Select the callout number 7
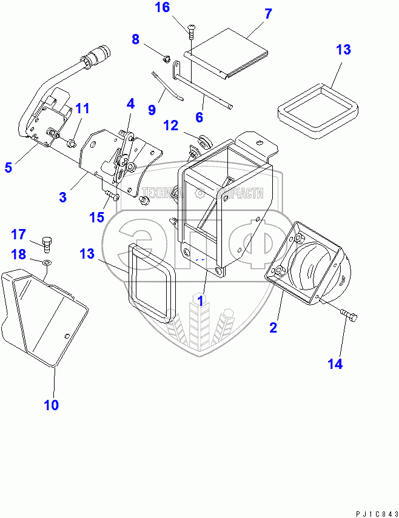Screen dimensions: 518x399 tap(269, 14)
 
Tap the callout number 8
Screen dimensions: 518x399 tap(136, 40)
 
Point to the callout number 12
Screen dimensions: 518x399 tap(170, 125)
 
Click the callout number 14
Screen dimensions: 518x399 tap(335, 364)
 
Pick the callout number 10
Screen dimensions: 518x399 tap(51, 405)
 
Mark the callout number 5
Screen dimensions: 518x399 tap(8, 167)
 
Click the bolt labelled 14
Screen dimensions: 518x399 tap(349, 315)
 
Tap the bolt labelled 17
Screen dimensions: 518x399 tap(47, 244)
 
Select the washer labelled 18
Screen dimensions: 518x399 tap(46, 262)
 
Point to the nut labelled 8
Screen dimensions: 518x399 tap(164, 59)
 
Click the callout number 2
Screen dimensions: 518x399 tap(273, 328)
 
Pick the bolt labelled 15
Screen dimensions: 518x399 tap(110, 194)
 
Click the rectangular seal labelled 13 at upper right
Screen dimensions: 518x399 tap(315, 109)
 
